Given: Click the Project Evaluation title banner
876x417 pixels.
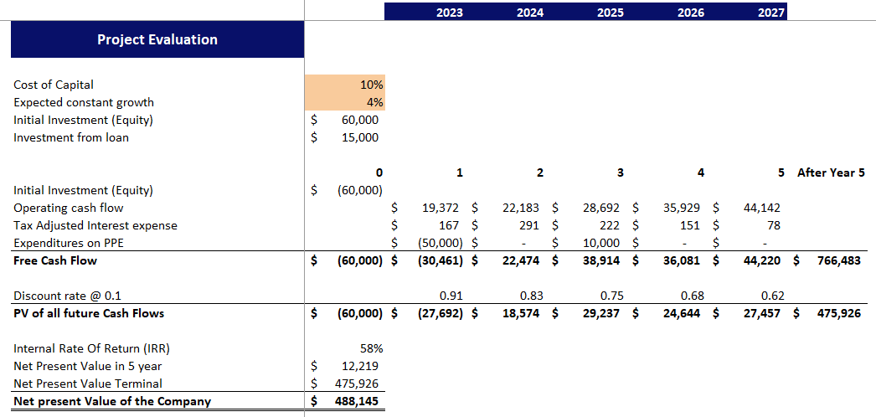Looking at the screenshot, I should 157,39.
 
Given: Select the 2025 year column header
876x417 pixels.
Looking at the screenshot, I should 610,13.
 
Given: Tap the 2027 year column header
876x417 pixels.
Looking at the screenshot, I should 770,13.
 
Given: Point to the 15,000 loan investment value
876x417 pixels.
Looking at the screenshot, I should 360,137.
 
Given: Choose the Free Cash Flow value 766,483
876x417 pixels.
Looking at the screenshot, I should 838,260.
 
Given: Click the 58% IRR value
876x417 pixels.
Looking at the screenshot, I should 371,348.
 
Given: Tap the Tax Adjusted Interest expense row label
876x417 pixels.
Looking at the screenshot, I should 95,225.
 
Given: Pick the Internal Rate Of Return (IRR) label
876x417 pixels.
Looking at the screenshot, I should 85,348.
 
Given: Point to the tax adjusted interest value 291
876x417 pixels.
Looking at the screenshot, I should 532,225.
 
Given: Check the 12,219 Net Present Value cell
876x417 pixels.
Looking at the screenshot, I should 360,366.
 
